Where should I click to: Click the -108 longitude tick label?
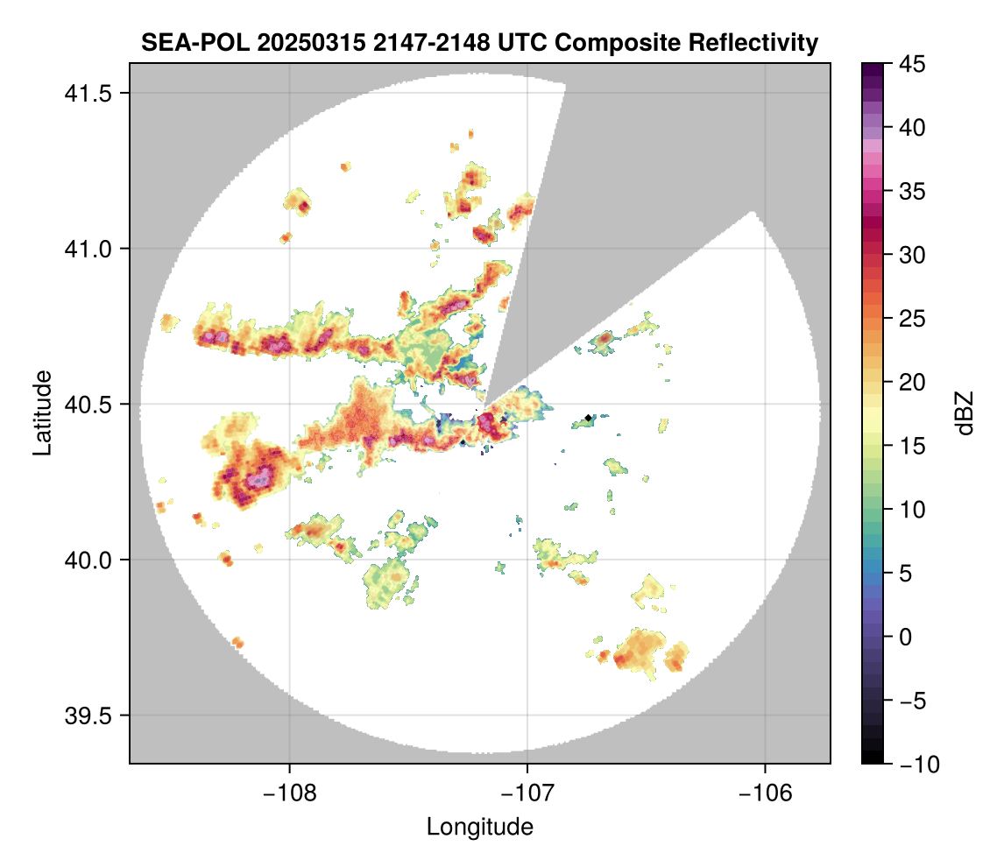289,793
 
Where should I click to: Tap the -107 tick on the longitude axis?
527,793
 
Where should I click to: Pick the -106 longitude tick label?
766,793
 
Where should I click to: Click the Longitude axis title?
479,827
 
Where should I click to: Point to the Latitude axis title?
41,412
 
